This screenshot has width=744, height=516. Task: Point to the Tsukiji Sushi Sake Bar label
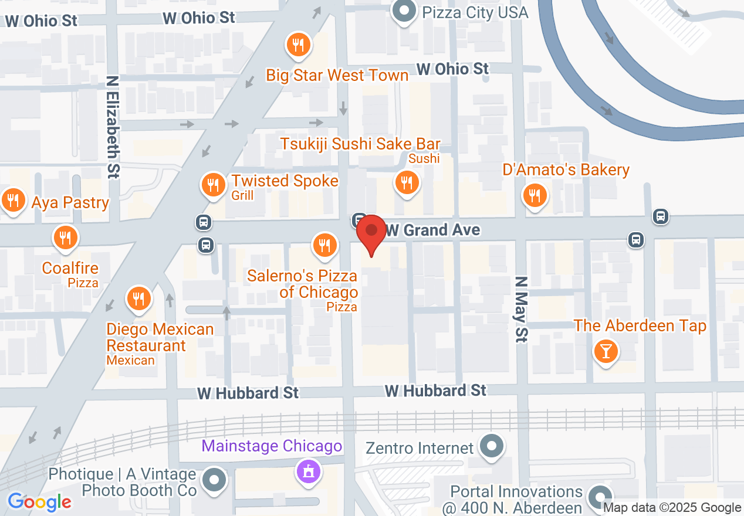[x=360, y=144]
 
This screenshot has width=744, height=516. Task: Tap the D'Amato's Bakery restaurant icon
[x=534, y=195]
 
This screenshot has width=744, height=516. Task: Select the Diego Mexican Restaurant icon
[x=138, y=299]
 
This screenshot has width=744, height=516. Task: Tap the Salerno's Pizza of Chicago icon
[x=323, y=245]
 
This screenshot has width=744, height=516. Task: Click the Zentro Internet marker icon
[x=492, y=447]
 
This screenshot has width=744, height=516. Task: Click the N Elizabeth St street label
[x=113, y=125]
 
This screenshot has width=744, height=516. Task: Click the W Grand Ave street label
[x=434, y=230]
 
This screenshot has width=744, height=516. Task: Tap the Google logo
[x=39, y=502]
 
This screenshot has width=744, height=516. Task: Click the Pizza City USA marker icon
[x=404, y=12]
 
